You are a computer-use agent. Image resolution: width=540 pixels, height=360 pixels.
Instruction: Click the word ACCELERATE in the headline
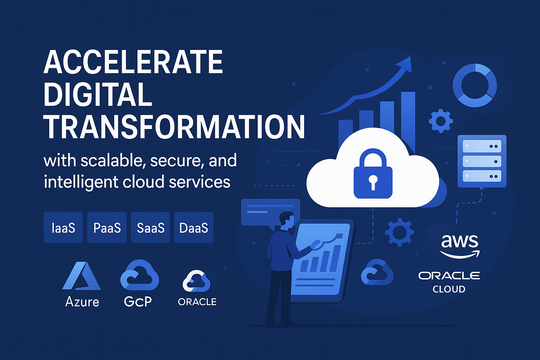click(x=133, y=62)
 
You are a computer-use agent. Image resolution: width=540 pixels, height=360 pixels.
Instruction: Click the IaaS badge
click(x=63, y=227)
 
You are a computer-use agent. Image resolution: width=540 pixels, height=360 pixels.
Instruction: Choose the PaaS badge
click(x=107, y=227)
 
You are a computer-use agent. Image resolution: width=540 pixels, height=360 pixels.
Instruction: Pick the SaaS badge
click(x=150, y=227)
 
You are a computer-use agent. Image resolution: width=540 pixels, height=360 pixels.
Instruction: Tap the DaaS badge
click(x=194, y=227)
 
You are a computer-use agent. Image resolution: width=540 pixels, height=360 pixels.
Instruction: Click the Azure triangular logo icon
click(x=82, y=276)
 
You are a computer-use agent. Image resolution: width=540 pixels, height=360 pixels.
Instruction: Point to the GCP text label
click(x=138, y=301)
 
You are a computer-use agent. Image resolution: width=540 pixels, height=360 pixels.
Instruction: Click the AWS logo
click(x=460, y=246)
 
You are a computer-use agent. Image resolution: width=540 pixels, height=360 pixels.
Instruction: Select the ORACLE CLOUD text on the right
click(x=449, y=282)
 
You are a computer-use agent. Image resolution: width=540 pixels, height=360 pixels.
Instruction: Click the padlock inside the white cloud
click(x=373, y=174)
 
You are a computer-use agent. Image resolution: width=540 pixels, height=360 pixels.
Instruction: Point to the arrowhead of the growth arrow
click(x=405, y=64)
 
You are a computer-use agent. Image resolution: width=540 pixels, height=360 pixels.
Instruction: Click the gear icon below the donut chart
click(x=441, y=121)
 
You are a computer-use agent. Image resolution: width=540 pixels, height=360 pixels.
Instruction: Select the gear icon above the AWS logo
click(x=399, y=232)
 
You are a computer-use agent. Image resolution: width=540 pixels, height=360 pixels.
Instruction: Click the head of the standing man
click(x=287, y=220)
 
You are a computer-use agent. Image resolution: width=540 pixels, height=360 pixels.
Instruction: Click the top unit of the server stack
click(x=482, y=146)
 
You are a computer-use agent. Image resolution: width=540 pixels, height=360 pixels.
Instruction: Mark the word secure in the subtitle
click(x=175, y=161)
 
